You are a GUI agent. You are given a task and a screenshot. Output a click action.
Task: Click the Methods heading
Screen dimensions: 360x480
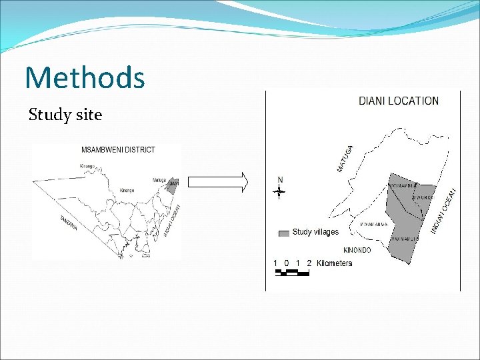click(85, 77)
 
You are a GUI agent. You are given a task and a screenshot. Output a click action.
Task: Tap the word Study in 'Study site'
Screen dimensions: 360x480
click(49, 115)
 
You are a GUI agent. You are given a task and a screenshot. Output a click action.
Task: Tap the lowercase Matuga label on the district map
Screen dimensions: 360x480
click(159, 180)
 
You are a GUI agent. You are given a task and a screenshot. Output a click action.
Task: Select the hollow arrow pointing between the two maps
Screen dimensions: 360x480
click(218, 181)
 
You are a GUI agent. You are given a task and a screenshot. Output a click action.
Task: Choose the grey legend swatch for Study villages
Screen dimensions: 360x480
click(283, 233)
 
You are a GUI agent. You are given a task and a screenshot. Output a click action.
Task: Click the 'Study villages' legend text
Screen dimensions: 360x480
click(315, 232)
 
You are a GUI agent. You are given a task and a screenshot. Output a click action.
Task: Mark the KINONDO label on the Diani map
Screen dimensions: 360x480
click(357, 250)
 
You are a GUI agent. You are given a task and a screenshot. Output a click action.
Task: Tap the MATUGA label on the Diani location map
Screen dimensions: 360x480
click(345, 159)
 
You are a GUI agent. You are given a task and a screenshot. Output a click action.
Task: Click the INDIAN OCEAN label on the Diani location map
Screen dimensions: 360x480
click(445, 210)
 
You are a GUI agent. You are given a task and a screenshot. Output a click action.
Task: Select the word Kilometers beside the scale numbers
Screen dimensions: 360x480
click(335, 263)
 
